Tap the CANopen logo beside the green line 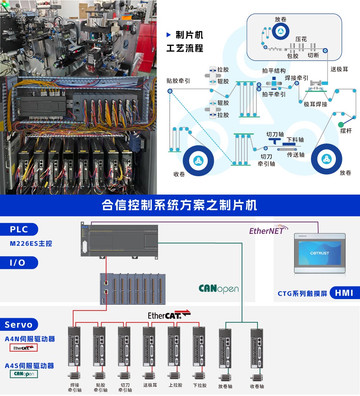tap(219, 289)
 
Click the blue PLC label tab tap(19, 230)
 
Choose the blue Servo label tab tap(19, 325)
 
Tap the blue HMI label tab tap(345, 293)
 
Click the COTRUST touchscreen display tap(319, 253)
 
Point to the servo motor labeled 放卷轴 tap(225, 377)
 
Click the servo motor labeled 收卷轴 tap(257, 377)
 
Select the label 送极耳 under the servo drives tap(150, 385)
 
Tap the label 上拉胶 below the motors tap(175, 385)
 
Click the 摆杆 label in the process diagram tap(346, 131)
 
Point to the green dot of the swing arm tap(341, 124)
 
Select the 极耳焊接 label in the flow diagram tap(315, 104)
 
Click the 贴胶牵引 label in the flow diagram tap(178, 81)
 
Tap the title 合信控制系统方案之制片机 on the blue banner tap(179, 205)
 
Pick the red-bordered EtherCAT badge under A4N tap(23, 348)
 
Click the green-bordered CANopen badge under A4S tap(24, 374)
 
